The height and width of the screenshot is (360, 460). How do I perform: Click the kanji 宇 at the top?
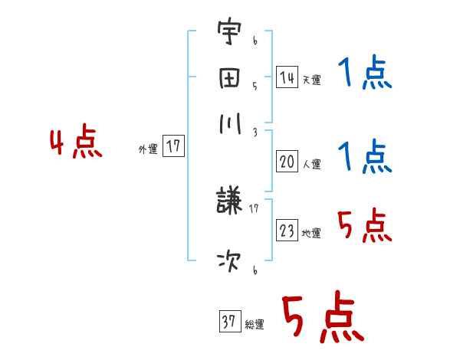pos(229,35)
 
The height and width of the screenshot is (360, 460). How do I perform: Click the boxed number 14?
pos(287,77)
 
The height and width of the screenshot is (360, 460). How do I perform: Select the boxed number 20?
pos(287,162)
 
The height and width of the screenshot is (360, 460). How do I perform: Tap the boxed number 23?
pos(287,231)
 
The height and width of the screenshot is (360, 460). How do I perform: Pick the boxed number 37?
pos(228,322)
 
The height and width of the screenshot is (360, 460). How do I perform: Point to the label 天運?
pos(311,80)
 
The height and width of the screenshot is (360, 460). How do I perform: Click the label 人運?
pos(311,164)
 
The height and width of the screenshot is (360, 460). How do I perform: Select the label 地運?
pos(311,233)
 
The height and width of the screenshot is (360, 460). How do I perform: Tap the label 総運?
pos(254,325)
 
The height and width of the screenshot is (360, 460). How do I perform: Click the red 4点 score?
pos(75,144)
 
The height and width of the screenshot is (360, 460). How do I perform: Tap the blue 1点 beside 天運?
pos(363,74)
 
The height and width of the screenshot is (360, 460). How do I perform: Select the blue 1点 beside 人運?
pos(363,157)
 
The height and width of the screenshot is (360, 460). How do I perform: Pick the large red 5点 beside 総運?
pos(321,318)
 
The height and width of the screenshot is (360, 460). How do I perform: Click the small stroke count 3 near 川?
pos(255,132)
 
